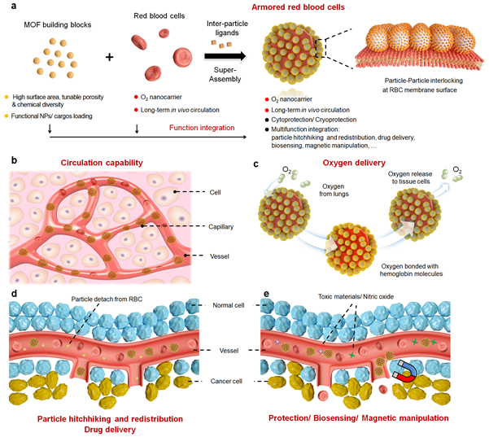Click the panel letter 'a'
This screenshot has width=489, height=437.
pos(11,8)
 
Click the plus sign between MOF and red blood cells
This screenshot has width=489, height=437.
pos(107,59)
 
